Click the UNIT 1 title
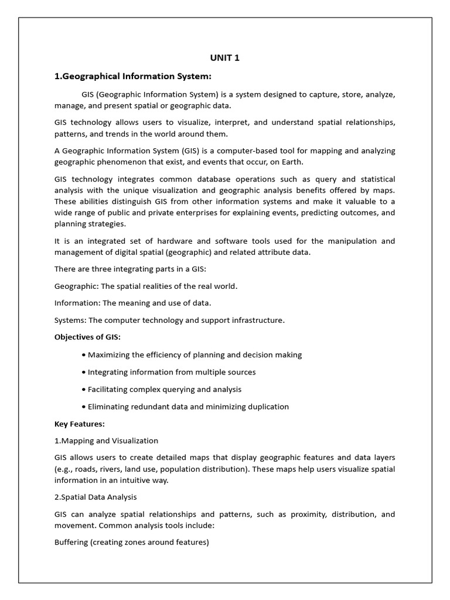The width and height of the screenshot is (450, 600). pyautogui.click(x=225, y=57)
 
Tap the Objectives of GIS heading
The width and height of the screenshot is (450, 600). pyautogui.click(x=87, y=337)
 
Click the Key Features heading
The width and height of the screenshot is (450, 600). pyautogui.click(x=79, y=424)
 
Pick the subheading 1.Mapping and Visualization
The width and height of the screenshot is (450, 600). pyautogui.click(x=106, y=441)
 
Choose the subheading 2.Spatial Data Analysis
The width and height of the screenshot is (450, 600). pyautogui.click(x=96, y=497)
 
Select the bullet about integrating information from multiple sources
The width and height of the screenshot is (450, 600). pyautogui.click(x=172, y=372)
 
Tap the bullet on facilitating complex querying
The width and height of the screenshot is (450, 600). pyautogui.click(x=164, y=389)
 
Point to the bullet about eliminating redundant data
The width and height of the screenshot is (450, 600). pyautogui.click(x=188, y=407)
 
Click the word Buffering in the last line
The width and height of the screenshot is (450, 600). pyautogui.click(x=71, y=542)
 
